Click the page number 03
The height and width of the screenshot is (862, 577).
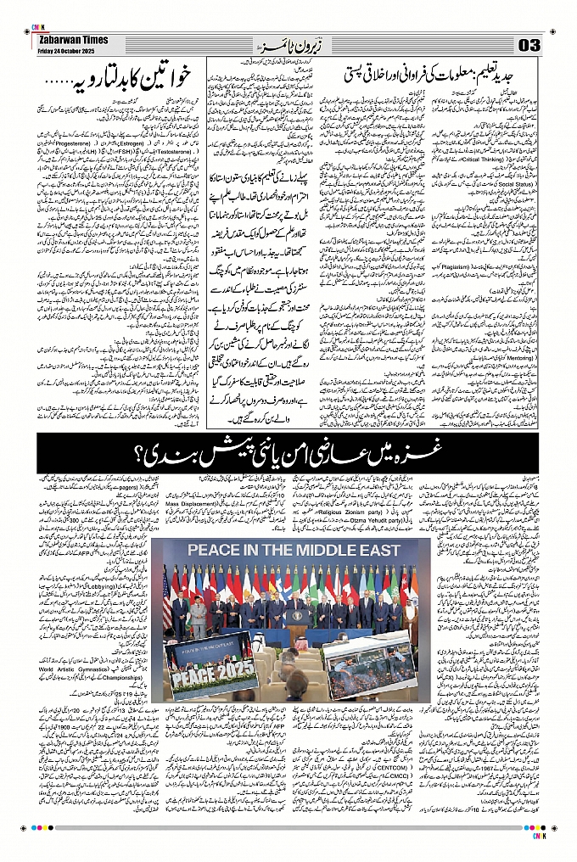coord(528,45)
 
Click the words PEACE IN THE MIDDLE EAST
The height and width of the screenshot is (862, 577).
coord(294,550)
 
